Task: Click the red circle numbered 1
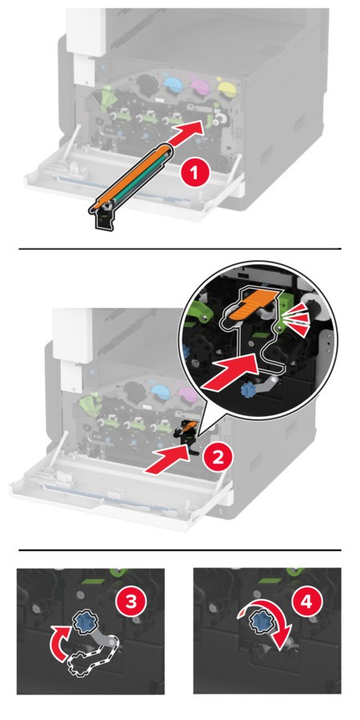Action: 195,174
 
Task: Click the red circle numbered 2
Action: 217,457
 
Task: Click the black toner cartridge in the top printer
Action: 147,83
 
